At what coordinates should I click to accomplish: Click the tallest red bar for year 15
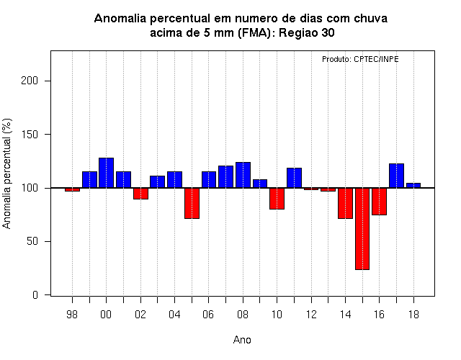362,229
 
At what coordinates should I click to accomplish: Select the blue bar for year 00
106,173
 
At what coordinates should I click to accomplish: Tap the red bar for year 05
192,203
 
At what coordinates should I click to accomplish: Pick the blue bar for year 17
396,176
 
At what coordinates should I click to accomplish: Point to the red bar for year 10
277,199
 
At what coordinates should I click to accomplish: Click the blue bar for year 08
243,175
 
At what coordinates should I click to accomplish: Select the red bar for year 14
345,203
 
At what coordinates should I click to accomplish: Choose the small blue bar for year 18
413,186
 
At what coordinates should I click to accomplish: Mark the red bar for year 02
141,194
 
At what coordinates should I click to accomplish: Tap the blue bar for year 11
295,178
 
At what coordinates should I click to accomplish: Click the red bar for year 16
380,202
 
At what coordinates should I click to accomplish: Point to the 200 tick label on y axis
30,81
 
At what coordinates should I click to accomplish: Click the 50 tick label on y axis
32,241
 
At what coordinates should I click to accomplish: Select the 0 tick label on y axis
35,294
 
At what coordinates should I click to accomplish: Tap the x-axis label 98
72,315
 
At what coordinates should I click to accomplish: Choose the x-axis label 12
311,315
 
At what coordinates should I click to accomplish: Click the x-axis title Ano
242,340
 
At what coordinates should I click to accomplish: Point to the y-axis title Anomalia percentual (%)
6,174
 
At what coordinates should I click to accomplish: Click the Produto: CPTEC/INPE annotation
360,59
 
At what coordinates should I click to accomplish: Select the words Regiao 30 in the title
307,33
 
